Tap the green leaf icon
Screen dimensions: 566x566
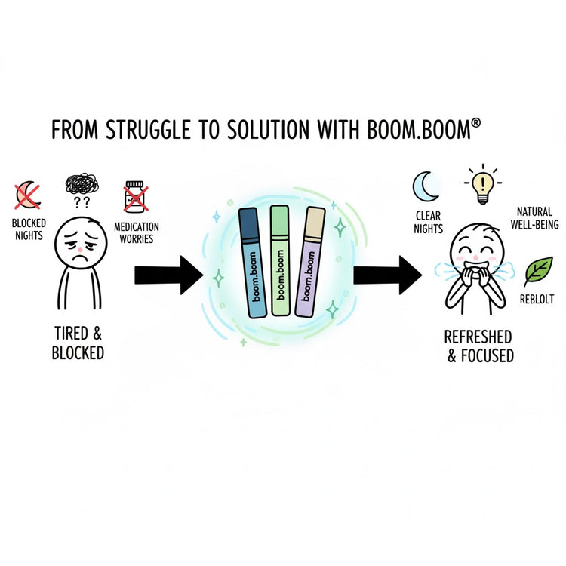[538, 271]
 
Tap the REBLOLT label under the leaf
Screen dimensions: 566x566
[537, 300]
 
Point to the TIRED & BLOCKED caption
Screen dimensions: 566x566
[78, 343]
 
